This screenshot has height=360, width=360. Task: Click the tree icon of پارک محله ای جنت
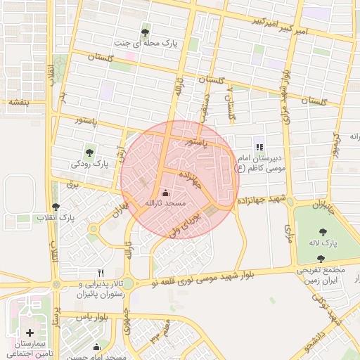click(x=145, y=32)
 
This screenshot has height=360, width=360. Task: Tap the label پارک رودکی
click(x=91, y=164)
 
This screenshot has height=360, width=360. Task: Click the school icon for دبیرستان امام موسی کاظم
click(x=259, y=147)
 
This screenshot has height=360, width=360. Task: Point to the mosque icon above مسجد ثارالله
click(x=165, y=193)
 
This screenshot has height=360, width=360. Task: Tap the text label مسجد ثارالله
click(x=165, y=203)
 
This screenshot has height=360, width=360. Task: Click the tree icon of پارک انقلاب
click(x=56, y=207)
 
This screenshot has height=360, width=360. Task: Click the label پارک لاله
click(x=323, y=243)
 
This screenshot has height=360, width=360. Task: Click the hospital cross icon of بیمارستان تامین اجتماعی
click(x=30, y=332)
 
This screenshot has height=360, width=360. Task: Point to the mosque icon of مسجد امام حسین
click(x=96, y=347)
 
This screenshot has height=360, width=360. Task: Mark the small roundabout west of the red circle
click(x=92, y=229)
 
